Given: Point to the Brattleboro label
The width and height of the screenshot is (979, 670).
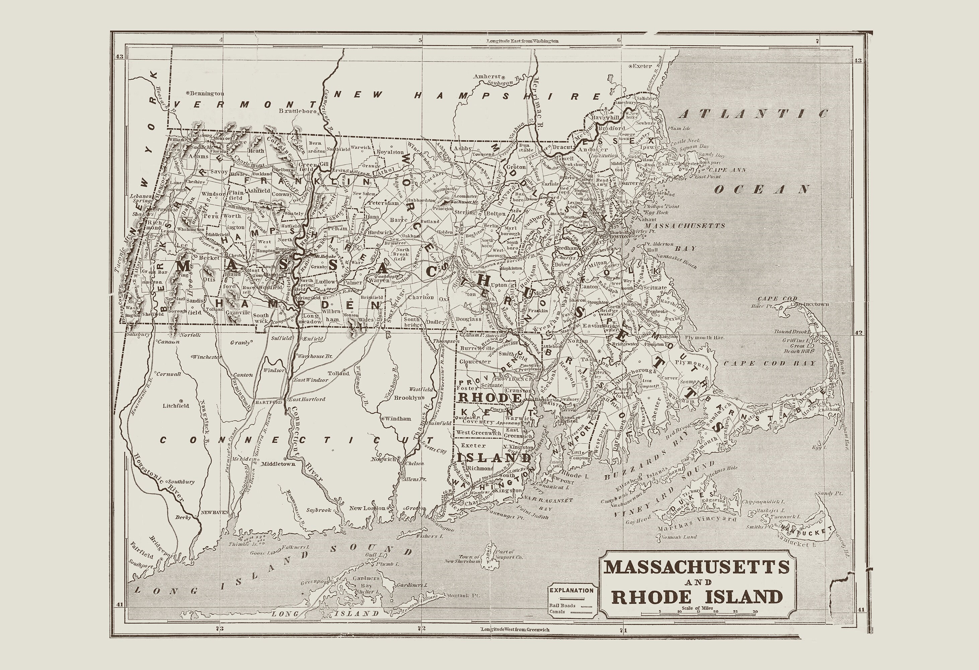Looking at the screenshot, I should tap(298, 111).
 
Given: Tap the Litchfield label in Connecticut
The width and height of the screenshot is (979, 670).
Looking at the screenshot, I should tap(176, 406).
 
